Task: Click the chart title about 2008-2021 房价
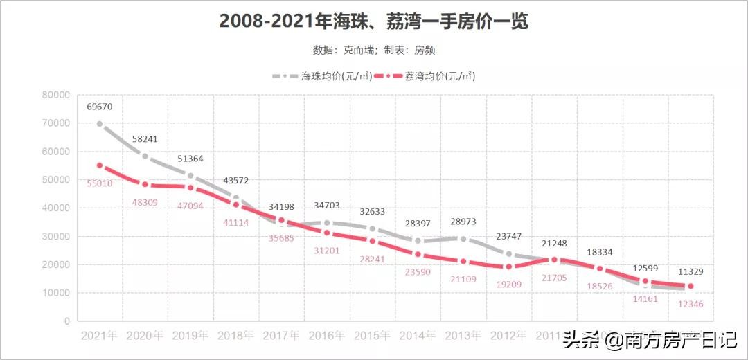click(373, 21)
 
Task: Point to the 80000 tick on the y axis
click(55, 95)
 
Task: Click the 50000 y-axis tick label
click(55, 180)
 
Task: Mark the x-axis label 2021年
click(99, 336)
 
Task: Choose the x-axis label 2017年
click(281, 336)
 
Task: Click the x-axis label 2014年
click(418, 336)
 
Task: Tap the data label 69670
click(99, 107)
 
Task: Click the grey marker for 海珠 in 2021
click(100, 124)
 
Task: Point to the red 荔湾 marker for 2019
click(190, 188)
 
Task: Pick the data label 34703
click(327, 206)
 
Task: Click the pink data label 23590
click(418, 272)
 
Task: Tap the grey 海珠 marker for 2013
click(463, 239)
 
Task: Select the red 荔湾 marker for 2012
click(508, 267)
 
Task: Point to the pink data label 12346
click(691, 304)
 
